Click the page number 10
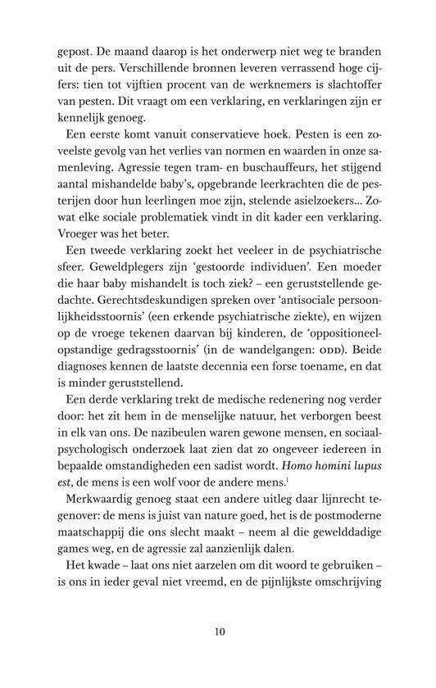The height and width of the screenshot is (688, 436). (x=217, y=631)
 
